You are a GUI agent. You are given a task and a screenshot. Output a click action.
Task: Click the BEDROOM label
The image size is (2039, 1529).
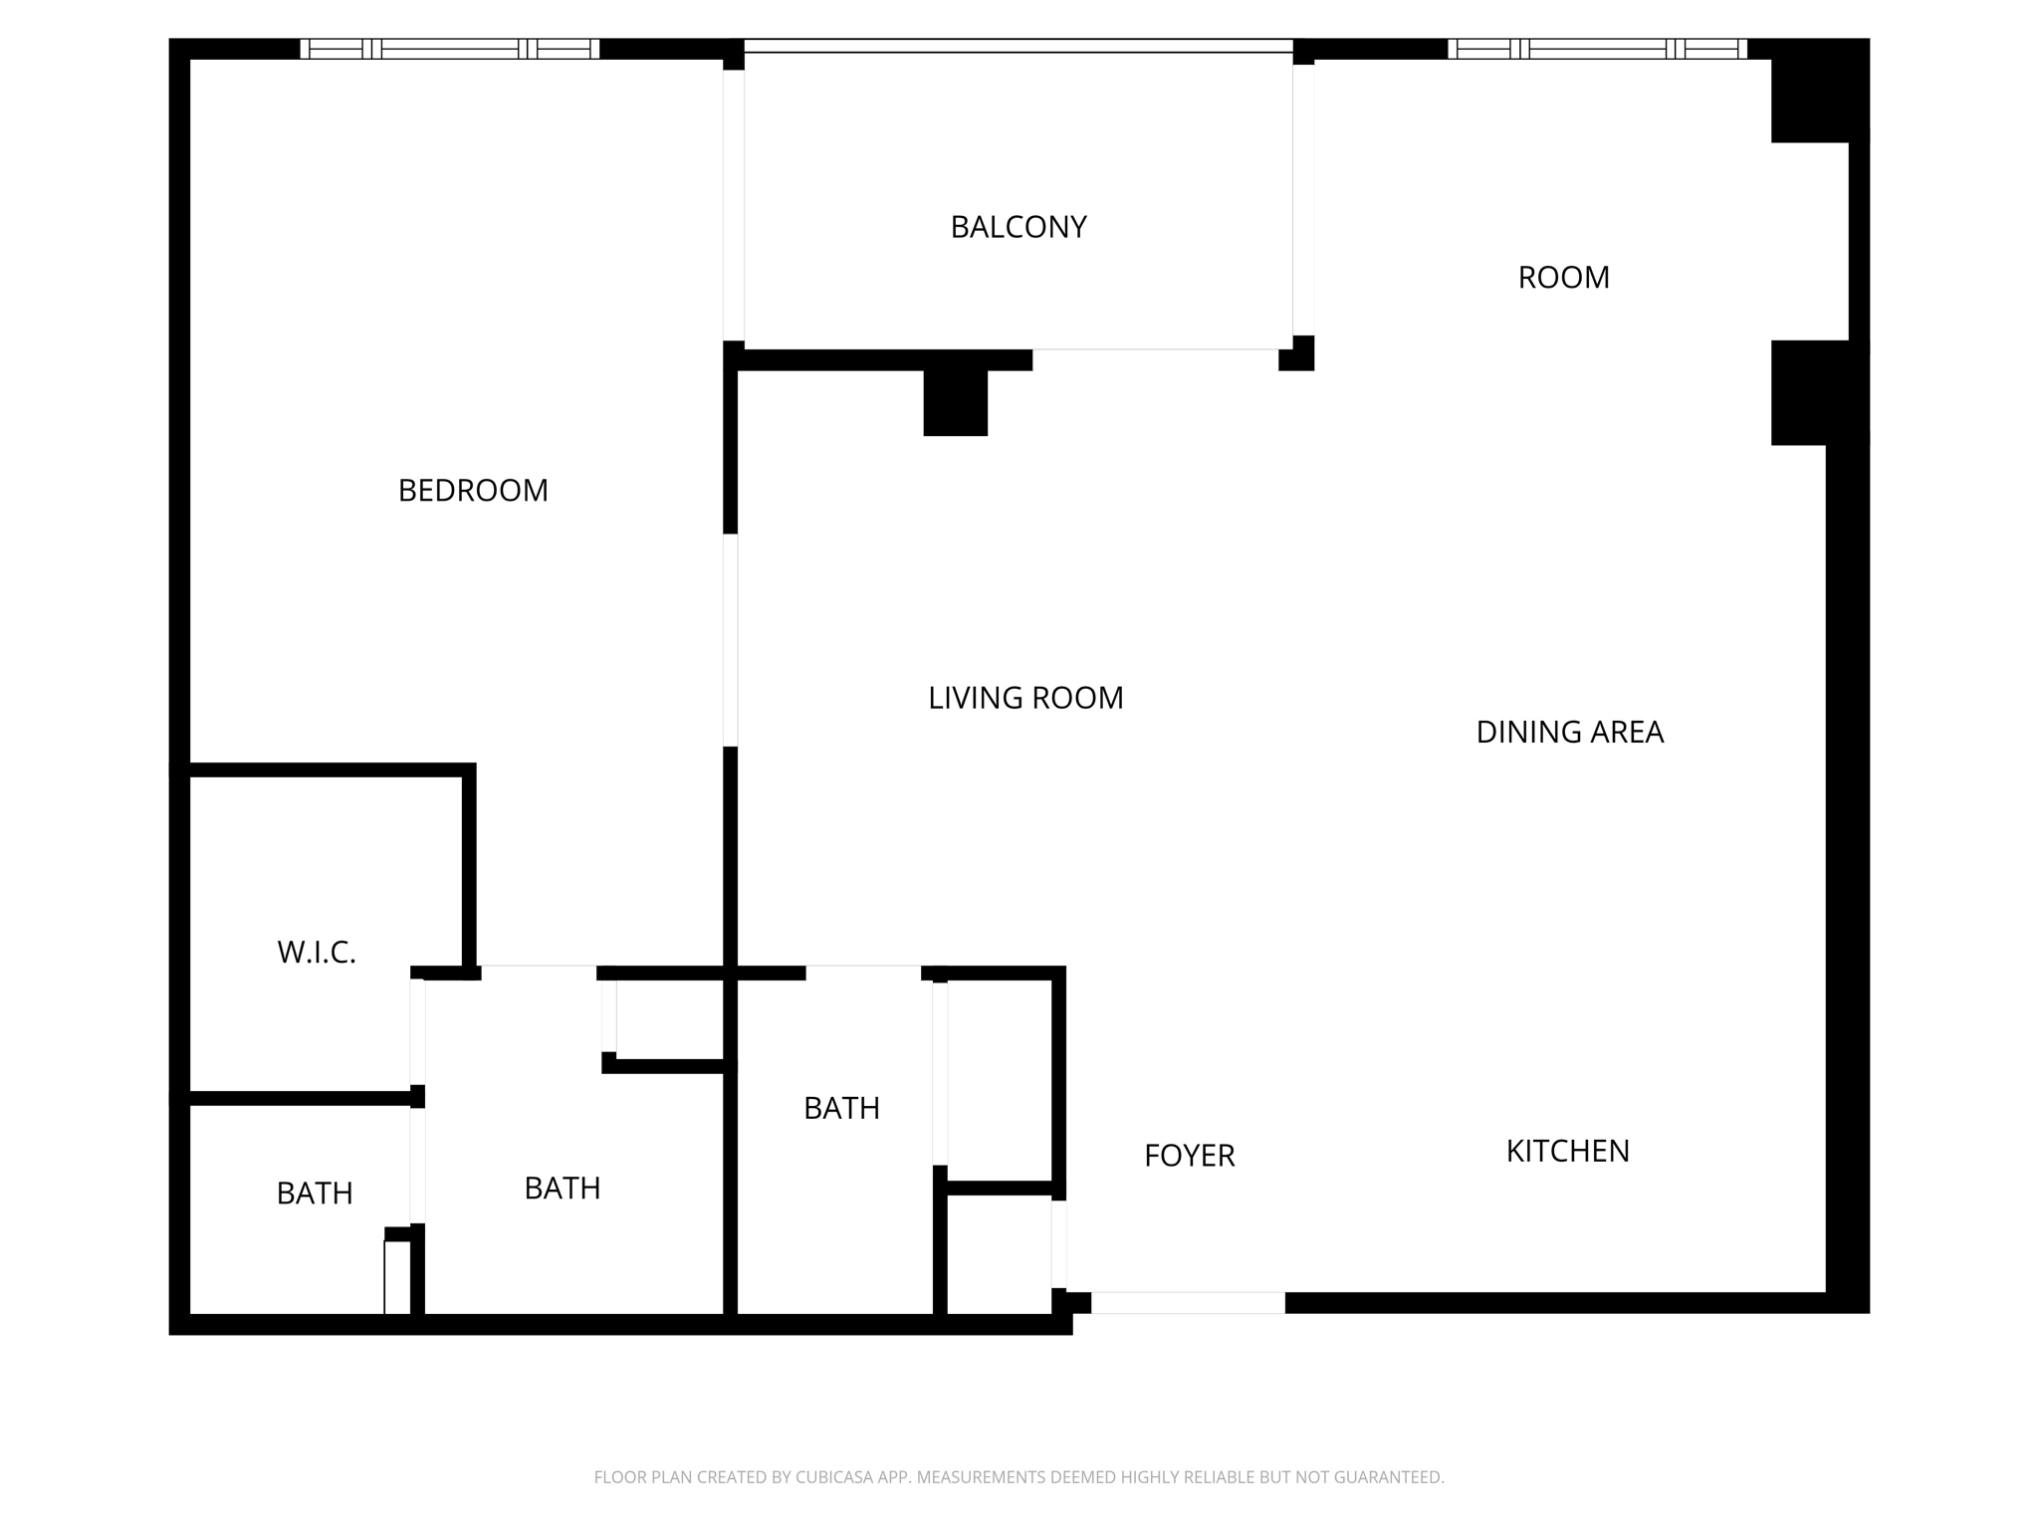click(x=473, y=491)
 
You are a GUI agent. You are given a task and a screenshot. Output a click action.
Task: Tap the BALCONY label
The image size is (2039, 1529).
click(x=1018, y=228)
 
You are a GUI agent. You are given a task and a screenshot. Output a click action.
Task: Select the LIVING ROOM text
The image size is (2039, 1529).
click(x=1025, y=699)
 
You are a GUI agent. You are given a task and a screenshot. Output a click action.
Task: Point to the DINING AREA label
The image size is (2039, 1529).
click(x=1569, y=733)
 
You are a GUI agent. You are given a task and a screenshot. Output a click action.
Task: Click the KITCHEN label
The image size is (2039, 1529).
click(x=1567, y=1152)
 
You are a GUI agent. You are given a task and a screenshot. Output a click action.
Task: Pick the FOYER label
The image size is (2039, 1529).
click(x=1189, y=1156)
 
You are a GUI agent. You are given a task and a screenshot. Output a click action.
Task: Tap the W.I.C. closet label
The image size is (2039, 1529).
click(x=317, y=954)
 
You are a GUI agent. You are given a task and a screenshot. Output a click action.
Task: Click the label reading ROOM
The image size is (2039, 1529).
click(x=1563, y=278)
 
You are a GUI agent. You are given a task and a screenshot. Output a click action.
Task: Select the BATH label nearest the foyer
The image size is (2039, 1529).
click(x=841, y=1109)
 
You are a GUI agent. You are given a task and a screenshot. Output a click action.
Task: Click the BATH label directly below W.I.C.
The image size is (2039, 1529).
click(x=315, y=1194)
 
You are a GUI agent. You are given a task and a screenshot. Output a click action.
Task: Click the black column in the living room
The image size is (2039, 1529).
click(x=955, y=402)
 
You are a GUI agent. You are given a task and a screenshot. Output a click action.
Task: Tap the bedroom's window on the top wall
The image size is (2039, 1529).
click(x=450, y=49)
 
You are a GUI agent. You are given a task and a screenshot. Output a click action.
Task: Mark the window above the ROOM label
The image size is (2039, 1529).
click(x=1597, y=49)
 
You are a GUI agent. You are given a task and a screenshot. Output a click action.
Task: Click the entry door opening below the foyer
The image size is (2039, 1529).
click(x=1188, y=1303)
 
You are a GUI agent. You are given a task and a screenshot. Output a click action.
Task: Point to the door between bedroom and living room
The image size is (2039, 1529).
click(x=730, y=640)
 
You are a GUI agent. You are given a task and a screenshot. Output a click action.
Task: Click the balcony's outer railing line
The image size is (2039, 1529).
click(x=1018, y=46)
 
